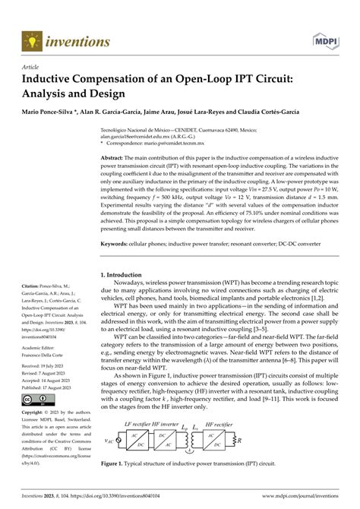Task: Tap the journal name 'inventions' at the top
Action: pyautogui.click(x=75, y=38)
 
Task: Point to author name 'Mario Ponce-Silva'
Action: pyautogui.click(x=49, y=112)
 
